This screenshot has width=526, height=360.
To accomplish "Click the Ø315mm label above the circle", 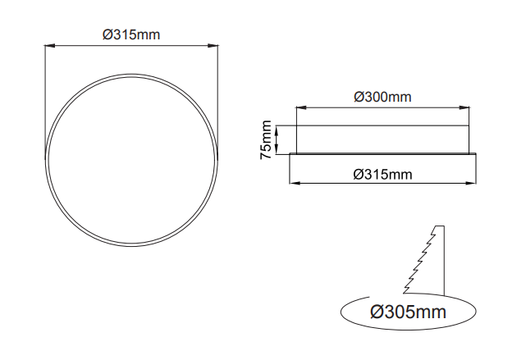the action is click(x=131, y=34).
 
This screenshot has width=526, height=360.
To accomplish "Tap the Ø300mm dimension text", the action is click(x=382, y=97).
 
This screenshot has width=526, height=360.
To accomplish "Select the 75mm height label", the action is click(x=266, y=139).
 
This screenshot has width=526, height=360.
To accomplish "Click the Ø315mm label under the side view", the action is click(x=382, y=175).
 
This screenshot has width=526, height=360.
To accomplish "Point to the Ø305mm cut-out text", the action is click(x=409, y=312).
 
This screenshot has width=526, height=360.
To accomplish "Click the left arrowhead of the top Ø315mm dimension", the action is click(x=50, y=46).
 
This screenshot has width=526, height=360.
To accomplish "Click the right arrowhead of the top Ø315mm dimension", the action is click(x=213, y=46).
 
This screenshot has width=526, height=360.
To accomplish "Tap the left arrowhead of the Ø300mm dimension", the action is click(x=301, y=108).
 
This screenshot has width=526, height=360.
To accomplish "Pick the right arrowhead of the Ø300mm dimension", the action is click(x=464, y=108).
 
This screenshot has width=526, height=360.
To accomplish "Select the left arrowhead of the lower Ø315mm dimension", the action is click(x=295, y=183).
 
